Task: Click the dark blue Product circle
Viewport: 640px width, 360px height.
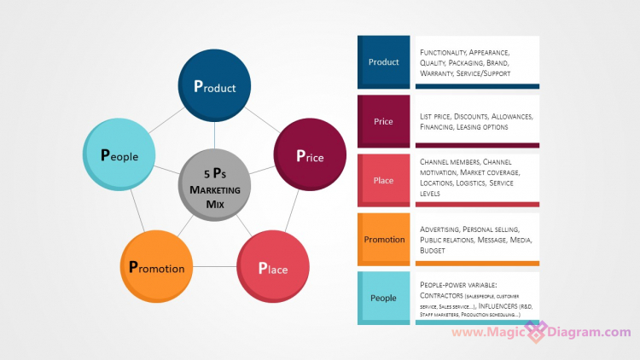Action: [214, 85]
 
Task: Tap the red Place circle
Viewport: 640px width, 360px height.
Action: [272, 267]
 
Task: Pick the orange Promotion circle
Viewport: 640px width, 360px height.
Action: [156, 266]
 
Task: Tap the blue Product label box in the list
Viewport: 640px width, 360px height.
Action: [383, 61]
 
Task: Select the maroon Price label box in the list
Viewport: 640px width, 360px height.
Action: [383, 121]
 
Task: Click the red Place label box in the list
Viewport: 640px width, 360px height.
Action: [383, 180]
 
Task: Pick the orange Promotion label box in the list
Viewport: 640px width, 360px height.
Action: [383, 239]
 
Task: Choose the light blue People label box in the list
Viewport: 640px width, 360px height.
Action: [383, 298]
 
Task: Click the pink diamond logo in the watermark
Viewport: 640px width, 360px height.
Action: [536, 332]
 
